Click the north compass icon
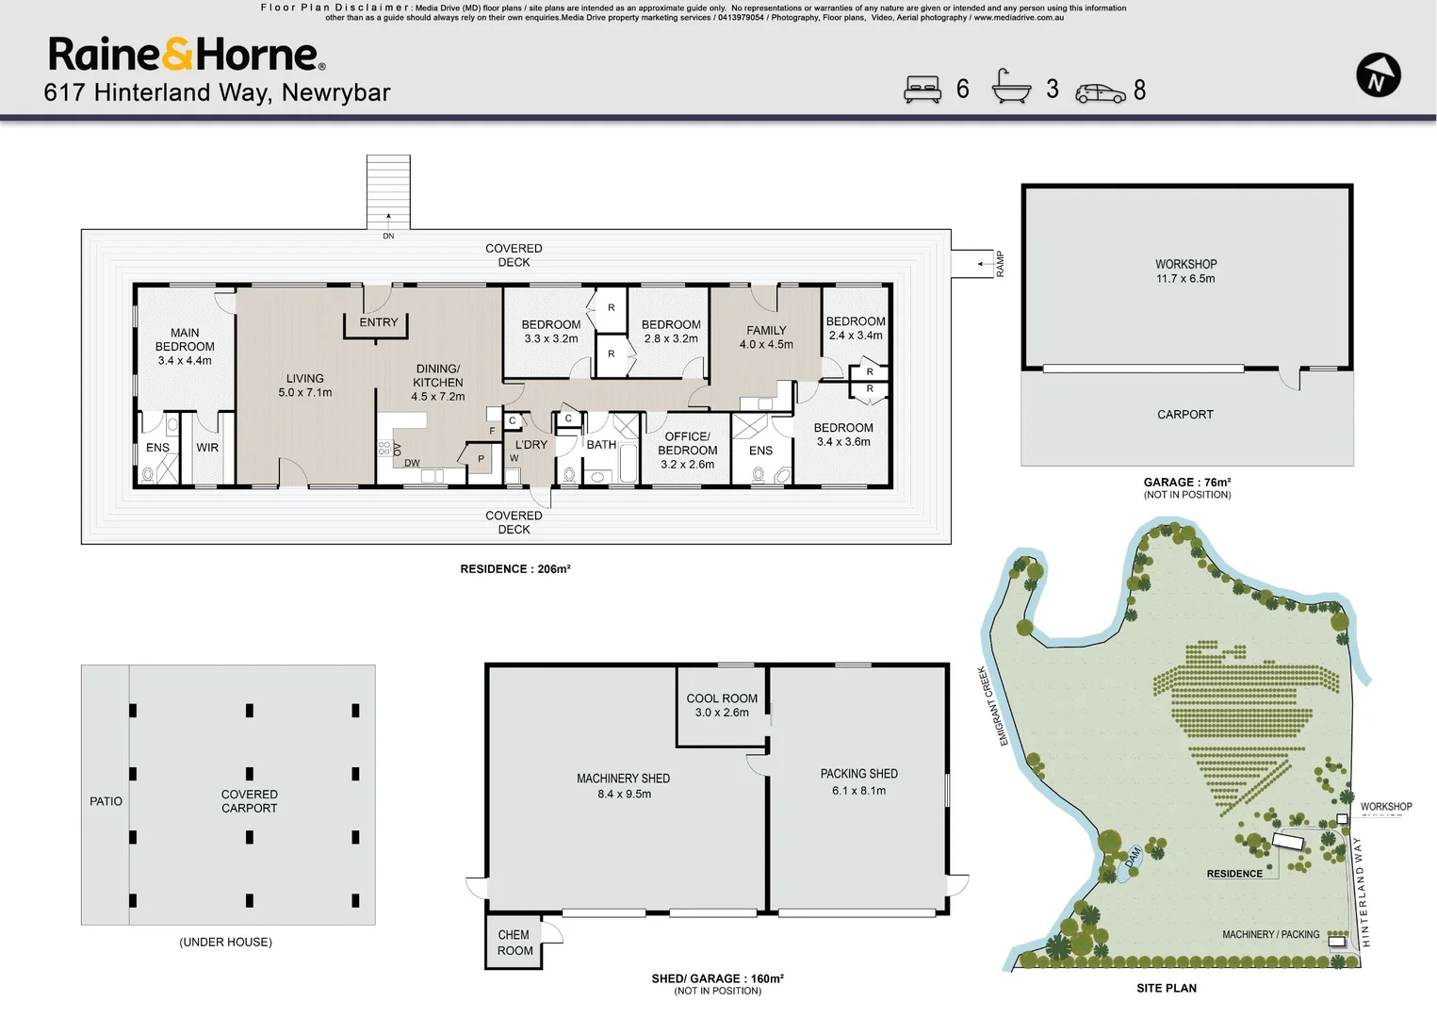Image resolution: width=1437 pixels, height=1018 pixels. [1378, 75]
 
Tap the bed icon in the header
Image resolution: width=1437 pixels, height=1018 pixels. [923, 90]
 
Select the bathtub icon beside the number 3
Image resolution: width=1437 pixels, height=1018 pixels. [1011, 88]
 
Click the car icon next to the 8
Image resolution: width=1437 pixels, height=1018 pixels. [1100, 92]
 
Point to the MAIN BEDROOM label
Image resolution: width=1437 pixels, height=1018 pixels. [185, 346]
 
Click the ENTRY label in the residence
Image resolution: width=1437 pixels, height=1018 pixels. [379, 322]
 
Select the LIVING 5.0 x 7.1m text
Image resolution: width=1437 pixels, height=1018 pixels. [304, 386]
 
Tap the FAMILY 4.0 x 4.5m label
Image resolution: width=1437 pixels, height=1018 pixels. [766, 337]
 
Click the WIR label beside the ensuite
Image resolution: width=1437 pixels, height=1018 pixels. [207, 448]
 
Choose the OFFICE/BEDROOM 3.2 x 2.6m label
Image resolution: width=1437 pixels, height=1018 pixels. [688, 450]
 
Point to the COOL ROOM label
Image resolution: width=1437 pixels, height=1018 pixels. [722, 705]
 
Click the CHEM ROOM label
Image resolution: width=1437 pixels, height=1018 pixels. [514, 943]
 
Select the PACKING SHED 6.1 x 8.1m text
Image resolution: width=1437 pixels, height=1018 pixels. [858, 781]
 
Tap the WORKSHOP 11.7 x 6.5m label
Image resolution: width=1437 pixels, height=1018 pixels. [1185, 271]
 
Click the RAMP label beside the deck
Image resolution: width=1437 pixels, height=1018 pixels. [1000, 264]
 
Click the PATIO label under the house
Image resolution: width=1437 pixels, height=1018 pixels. [106, 801]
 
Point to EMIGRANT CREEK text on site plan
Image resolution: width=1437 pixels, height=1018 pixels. [991, 706]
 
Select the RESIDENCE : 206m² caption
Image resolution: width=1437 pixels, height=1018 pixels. [515, 569]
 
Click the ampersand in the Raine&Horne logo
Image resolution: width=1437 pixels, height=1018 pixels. [177, 55]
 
